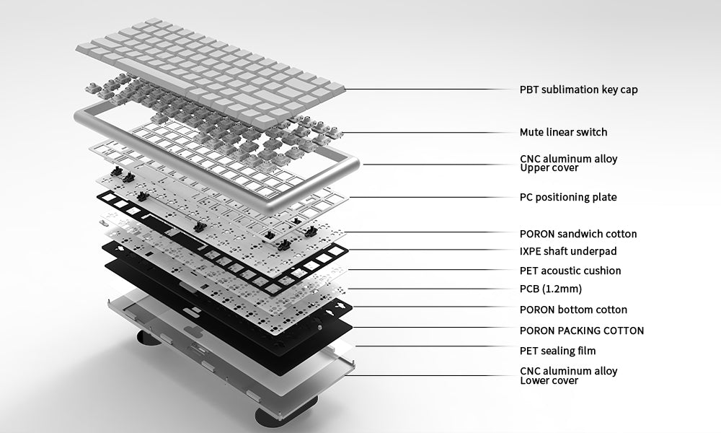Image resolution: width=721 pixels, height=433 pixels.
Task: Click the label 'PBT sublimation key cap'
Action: (578, 89)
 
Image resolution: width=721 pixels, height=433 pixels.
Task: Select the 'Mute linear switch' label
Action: (563, 132)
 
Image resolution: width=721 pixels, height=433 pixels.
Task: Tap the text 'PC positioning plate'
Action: (568, 198)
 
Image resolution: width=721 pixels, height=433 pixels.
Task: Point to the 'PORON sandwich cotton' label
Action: (578, 234)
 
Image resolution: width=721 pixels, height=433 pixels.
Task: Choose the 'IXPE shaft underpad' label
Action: (568, 251)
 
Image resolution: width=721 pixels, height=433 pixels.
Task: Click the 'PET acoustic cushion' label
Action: (570, 271)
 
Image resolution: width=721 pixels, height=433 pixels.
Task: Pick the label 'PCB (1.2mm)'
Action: (550, 289)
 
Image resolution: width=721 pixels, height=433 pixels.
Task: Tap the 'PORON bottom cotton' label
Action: (573, 310)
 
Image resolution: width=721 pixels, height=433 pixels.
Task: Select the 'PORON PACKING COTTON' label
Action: (582, 331)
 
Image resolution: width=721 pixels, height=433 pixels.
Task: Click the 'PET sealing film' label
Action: (558, 351)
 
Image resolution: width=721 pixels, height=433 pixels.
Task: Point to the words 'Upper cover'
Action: (549, 168)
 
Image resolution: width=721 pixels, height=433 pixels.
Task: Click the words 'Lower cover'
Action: (549, 381)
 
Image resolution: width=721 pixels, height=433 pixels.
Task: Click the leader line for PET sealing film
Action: (435, 346)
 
